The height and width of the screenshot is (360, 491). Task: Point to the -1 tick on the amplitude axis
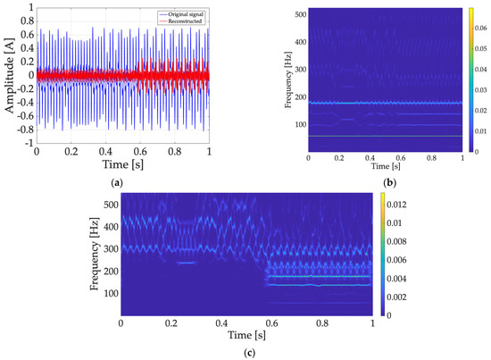pyautogui.click(x=28, y=143)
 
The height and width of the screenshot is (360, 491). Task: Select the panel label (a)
pyautogui.click(x=115, y=181)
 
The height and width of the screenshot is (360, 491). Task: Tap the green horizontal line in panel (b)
pyautogui.click(x=384, y=136)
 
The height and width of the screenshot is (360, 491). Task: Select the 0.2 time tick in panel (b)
pyautogui.click(x=338, y=156)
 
